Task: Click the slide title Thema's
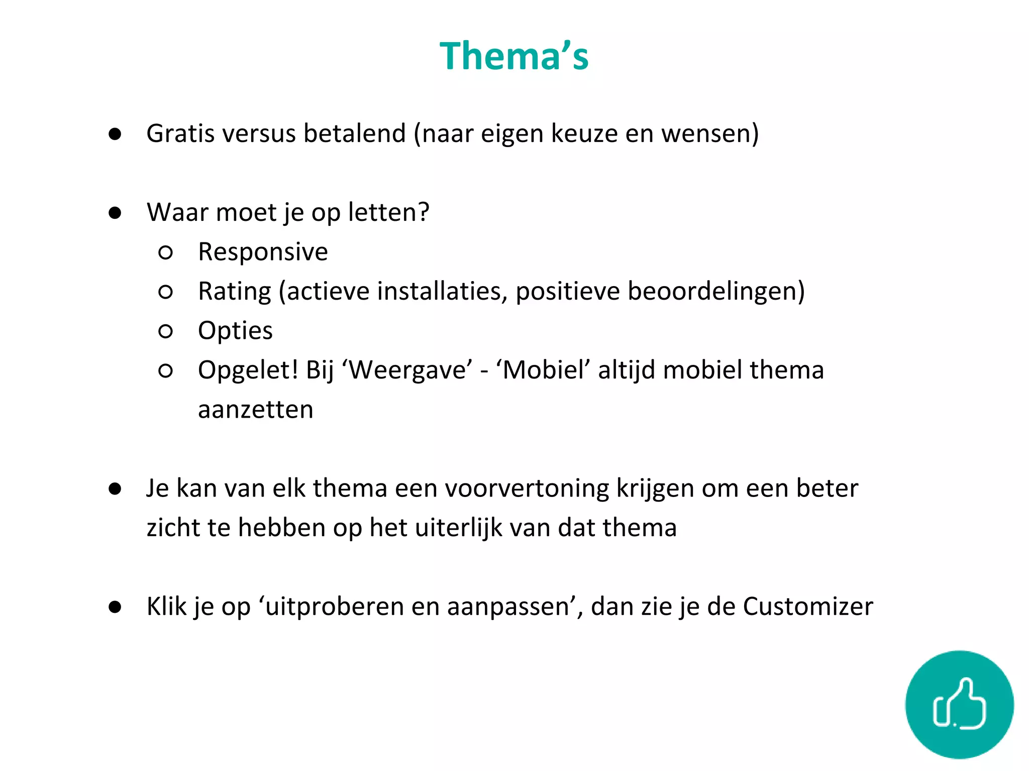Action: pos(513,56)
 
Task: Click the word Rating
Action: pos(235,292)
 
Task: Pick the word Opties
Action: pos(235,331)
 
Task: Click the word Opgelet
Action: pos(245,370)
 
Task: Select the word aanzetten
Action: pos(255,410)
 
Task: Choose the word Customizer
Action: pos(807,606)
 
